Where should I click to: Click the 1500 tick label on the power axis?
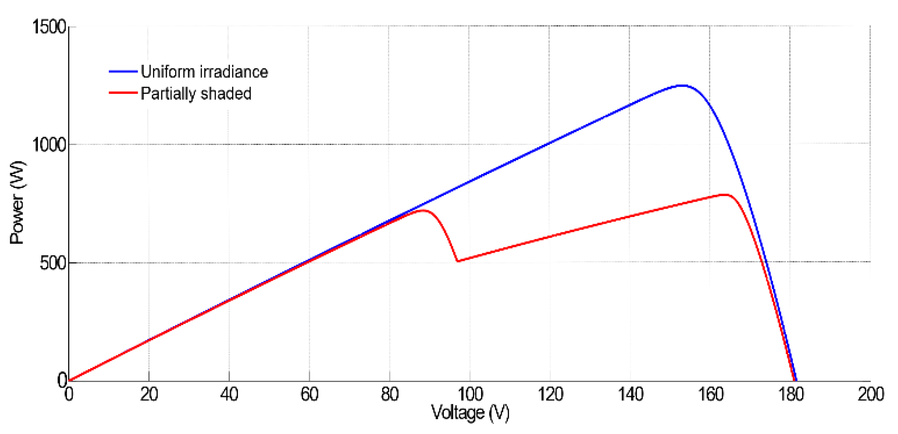49,27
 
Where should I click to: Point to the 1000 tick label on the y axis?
49,145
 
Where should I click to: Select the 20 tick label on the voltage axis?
149,394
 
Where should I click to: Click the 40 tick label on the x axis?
229,394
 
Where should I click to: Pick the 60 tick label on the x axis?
309,394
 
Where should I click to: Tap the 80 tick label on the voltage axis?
389,394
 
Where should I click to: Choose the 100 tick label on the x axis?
470,394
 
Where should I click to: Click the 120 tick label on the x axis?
550,394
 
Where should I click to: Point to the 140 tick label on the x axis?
630,394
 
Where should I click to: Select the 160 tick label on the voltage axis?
710,394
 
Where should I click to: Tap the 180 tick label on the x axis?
791,394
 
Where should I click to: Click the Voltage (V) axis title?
470,413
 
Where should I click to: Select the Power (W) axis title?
17,203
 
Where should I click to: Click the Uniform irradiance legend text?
204,72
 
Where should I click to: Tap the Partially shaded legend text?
196,93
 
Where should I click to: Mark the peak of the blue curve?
682,86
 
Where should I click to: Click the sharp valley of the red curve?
458,261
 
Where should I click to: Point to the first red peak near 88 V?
422,211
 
